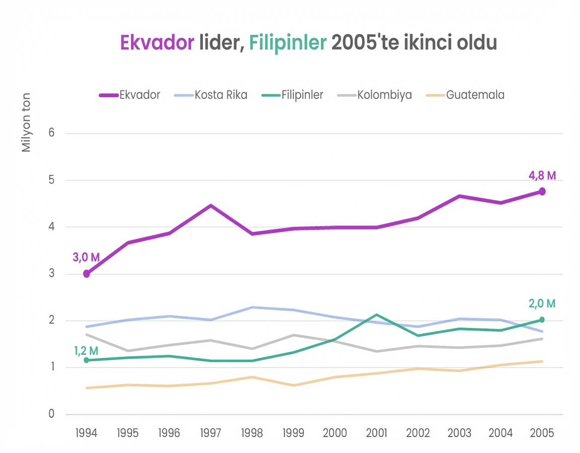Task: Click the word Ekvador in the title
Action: (157, 43)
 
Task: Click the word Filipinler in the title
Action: (288, 43)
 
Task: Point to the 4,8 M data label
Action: (542, 175)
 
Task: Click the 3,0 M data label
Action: (86, 257)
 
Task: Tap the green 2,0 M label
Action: (542, 303)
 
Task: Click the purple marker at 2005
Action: (542, 191)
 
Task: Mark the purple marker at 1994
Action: (86, 274)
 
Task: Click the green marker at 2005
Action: (542, 320)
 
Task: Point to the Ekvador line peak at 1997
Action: (211, 206)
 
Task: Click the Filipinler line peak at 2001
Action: (376, 315)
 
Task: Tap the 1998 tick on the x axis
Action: (252, 433)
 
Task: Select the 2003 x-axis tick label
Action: (459, 433)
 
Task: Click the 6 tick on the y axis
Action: (51, 133)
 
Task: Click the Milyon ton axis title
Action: (26, 122)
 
